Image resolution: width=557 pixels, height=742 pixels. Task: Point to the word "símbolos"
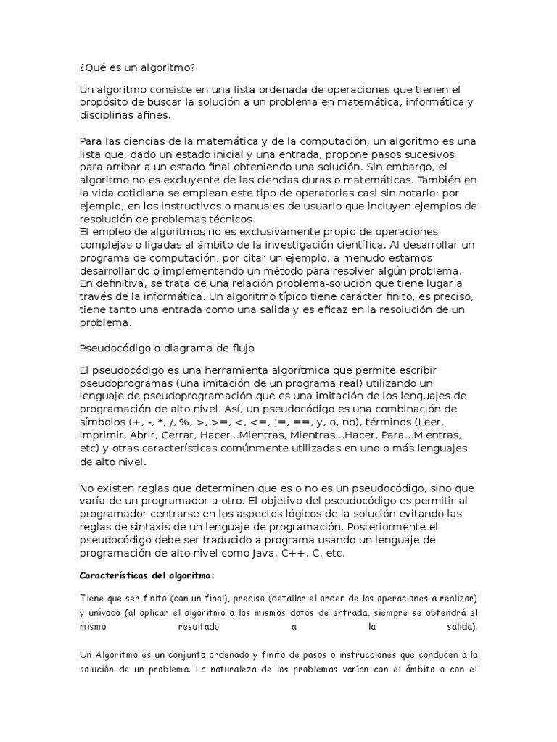click(x=102, y=423)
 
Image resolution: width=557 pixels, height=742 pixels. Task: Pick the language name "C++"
click(x=301, y=552)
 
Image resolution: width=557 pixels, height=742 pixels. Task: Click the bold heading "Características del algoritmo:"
click(x=147, y=575)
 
